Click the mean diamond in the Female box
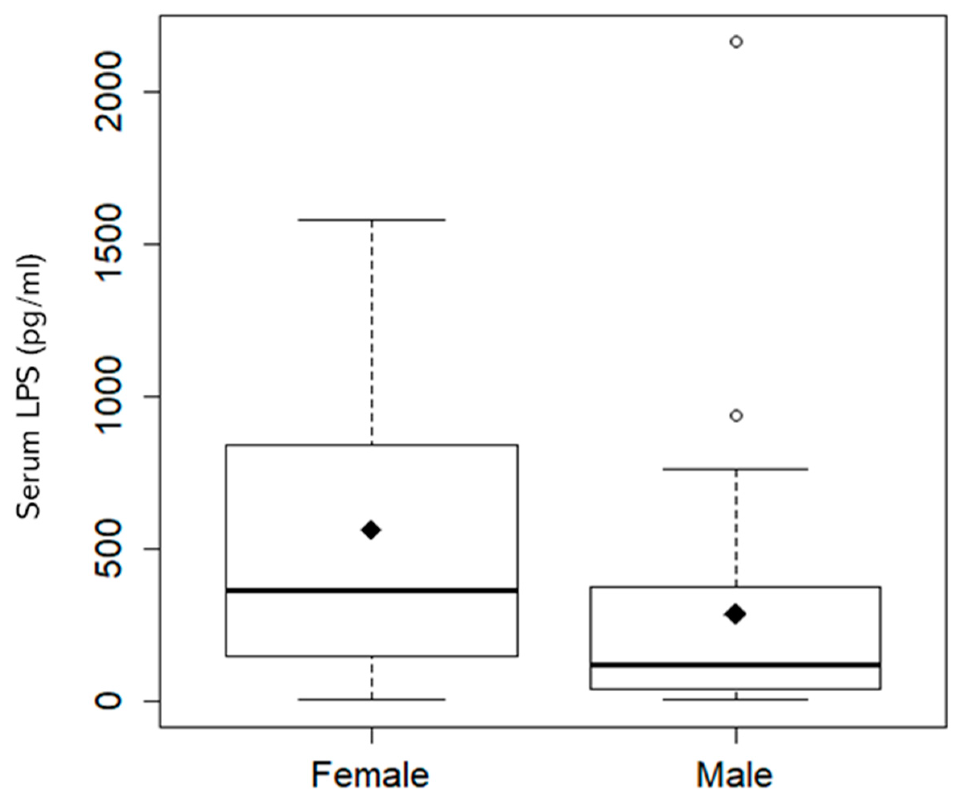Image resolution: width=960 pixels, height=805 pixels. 371,530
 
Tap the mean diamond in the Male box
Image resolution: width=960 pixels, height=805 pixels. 735,614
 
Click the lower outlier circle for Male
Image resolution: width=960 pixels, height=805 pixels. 736,416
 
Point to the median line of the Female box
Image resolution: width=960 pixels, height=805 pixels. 372,590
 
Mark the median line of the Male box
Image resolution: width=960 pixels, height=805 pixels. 735,664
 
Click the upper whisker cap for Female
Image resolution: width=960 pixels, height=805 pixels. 372,220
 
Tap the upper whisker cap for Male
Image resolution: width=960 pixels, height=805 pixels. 735,469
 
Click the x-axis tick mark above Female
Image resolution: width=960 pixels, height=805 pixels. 372,735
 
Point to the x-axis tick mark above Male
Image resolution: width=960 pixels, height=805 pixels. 736,735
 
